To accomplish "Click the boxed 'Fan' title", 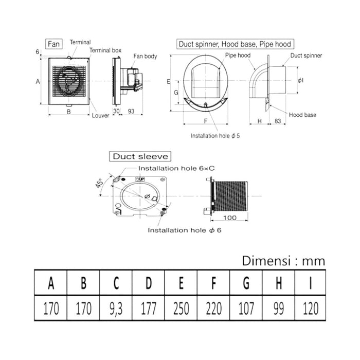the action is (54, 44).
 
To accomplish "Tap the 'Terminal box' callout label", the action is (105, 50).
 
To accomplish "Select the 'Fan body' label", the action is (145, 56).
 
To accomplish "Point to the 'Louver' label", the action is (100, 116).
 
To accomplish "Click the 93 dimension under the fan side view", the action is (131, 111).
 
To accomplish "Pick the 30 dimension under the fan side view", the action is (116, 111).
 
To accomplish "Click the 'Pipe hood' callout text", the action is (238, 56).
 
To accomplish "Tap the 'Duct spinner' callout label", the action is (306, 56).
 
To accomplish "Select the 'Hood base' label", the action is (302, 115).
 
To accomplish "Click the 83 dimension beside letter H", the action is (278, 121).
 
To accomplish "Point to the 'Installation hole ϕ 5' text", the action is (215, 136).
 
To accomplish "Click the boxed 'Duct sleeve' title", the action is (140, 156).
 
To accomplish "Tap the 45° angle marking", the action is (99, 184).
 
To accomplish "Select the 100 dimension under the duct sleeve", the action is (229, 218).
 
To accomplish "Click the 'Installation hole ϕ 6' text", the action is (185, 230).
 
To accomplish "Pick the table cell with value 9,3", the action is (116, 308).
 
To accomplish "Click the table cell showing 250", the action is (181, 308).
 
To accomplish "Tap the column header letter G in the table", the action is (246, 283).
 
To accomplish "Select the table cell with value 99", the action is (279, 308).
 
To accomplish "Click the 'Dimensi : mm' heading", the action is (283, 261).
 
